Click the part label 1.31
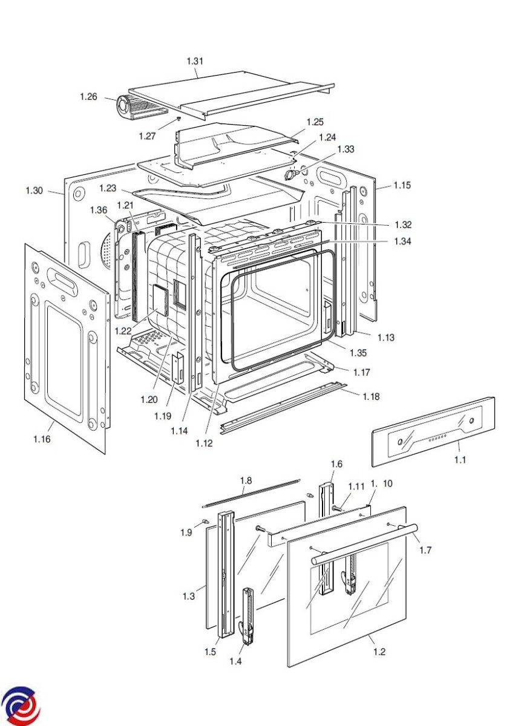pos(195,61)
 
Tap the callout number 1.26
pos(88,97)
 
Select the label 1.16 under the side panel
pos(42,439)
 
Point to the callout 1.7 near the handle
pos(425,550)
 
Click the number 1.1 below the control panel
pos(460,460)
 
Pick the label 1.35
pos(358,353)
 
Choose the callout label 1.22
pos(123,331)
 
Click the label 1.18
pos(371,396)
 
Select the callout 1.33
pos(346,149)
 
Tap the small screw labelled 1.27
pos(179,119)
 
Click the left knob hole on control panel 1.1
pos(401,442)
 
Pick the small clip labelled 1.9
pos(205,520)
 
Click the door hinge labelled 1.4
pos(247,616)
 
